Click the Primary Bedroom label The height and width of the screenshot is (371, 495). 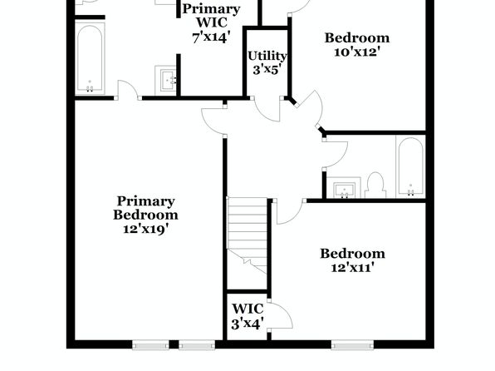click(145, 208)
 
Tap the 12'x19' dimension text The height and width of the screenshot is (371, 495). click(145, 229)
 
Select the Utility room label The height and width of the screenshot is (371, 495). click(267, 56)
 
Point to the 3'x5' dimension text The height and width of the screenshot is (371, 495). click(267, 69)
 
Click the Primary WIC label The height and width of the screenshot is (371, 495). click(211, 16)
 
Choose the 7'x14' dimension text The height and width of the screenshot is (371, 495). click(209, 37)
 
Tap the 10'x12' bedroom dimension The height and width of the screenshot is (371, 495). click(356, 52)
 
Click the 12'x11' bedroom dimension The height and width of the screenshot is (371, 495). click(353, 268)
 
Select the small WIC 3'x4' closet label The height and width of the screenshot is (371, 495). click(247, 316)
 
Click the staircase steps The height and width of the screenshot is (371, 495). click(247, 235)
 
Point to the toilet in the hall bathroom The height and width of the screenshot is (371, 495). click(375, 185)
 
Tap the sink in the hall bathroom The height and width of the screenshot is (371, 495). click(344, 188)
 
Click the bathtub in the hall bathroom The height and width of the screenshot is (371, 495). click(411, 167)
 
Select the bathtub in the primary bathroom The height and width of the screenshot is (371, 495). click(90, 58)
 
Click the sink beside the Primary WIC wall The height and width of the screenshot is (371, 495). click(166, 81)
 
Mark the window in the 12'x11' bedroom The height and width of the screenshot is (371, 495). click(352, 344)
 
